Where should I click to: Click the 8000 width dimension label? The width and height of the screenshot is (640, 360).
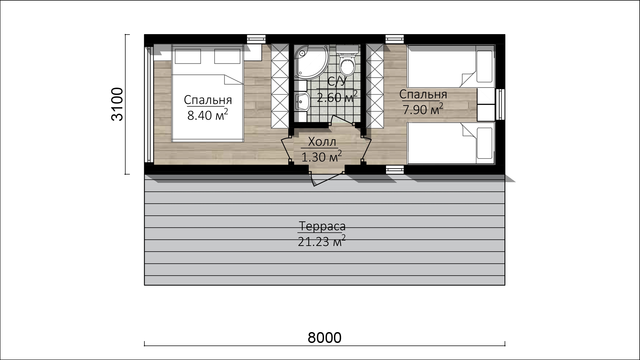point(325,338)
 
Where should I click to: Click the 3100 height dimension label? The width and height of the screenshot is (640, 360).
point(118,104)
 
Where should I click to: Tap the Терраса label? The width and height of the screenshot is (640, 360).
point(322,226)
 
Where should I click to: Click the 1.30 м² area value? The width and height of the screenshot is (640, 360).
point(321,157)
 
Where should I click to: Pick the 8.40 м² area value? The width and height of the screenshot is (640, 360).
point(208,115)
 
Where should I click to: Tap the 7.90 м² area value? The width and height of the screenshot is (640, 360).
point(423,109)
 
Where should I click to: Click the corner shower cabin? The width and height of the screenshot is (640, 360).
point(311,62)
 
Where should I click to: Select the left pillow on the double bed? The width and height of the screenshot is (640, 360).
point(188,56)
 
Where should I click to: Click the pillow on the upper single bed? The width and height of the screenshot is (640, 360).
point(484,66)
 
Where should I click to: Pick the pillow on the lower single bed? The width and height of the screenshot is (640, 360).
point(484,143)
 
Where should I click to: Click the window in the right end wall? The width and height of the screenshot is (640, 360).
point(500,104)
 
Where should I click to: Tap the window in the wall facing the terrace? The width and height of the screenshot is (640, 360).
point(395,170)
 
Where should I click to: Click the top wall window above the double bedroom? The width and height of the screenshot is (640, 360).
point(256,39)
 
